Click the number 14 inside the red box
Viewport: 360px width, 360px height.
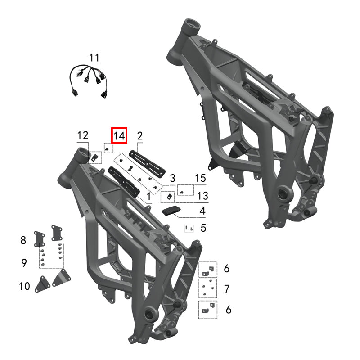[x=120, y=135]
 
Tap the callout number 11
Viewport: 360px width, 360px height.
[x=94, y=58]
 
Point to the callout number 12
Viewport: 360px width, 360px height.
[x=83, y=135]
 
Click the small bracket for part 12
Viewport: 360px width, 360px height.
[x=95, y=157]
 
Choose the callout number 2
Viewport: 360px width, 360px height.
[x=140, y=135]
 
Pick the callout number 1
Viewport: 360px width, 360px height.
[x=149, y=197]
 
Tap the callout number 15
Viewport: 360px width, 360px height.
[x=200, y=179]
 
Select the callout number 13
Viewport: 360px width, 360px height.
[x=202, y=196]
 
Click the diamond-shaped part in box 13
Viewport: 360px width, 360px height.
[x=169, y=197]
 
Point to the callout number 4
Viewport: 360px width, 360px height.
[x=202, y=211]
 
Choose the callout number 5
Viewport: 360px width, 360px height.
[x=203, y=228]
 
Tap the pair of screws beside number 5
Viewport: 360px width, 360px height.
[x=189, y=229]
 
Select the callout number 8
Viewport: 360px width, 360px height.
[x=23, y=240]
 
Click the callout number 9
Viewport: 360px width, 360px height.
[x=24, y=263]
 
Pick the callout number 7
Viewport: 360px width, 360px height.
[x=227, y=288]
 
